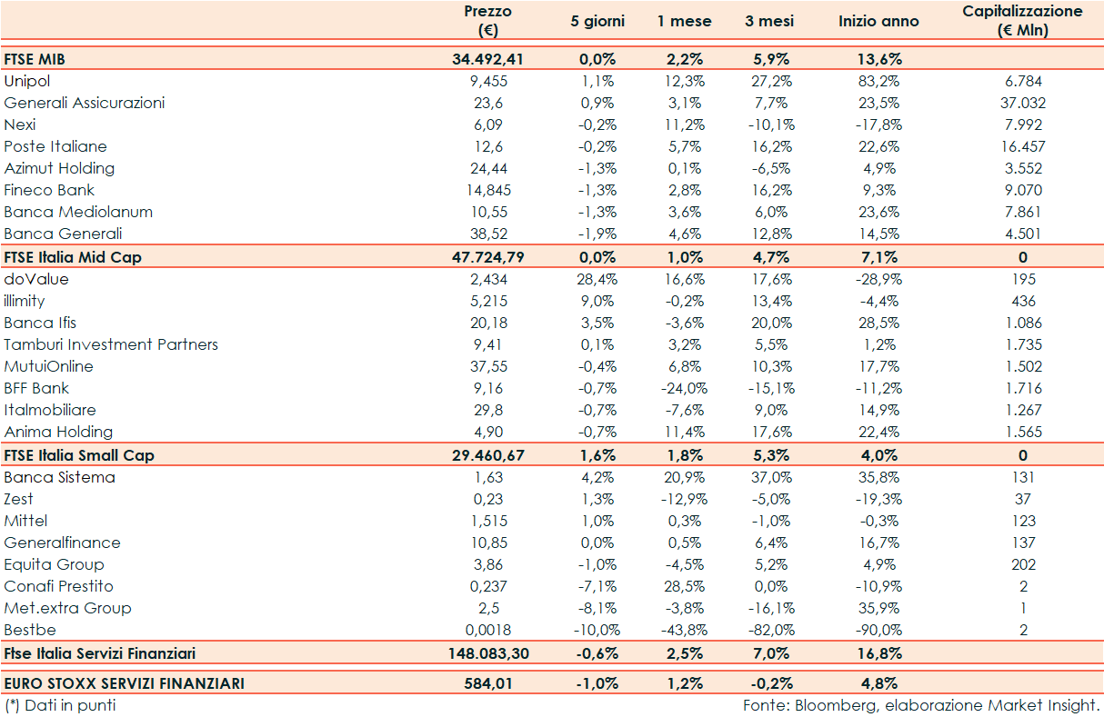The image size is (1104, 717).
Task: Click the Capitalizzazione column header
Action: click(x=1022, y=21)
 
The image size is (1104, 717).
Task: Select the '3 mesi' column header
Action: click(x=769, y=21)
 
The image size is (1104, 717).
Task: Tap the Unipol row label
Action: click(x=27, y=81)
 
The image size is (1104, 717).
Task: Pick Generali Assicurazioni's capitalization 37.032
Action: click(x=1022, y=103)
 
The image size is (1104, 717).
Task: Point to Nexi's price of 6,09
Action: click(x=487, y=124)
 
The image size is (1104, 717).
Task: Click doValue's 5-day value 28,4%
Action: click(x=597, y=279)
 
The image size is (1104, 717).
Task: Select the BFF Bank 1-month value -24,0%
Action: click(x=684, y=388)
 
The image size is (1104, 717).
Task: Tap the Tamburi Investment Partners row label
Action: click(x=111, y=344)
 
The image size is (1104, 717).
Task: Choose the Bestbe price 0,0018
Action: click(x=487, y=630)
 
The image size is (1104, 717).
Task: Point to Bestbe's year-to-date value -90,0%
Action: click(x=878, y=630)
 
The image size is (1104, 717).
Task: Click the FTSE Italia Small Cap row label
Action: click(x=73, y=455)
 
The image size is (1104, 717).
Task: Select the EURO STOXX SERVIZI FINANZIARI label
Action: click(x=125, y=682)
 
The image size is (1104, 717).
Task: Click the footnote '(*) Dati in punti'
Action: click(x=60, y=705)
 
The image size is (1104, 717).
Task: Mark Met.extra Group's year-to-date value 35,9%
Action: click(x=878, y=608)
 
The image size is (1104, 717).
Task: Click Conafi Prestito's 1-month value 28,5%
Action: click(x=684, y=586)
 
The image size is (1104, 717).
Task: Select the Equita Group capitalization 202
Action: click(x=1022, y=564)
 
